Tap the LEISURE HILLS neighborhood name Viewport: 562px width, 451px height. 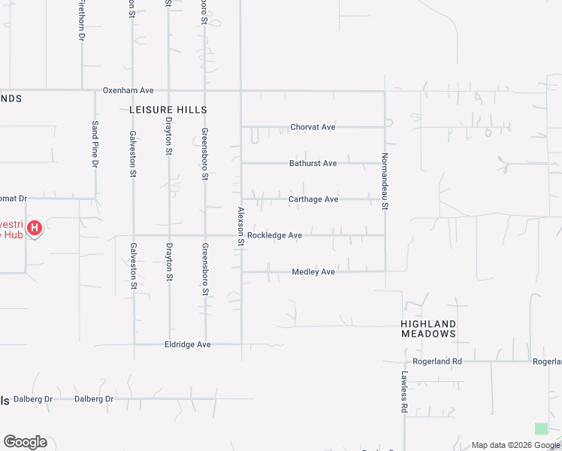click(x=168, y=110)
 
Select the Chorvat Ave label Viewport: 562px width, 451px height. click(x=313, y=127)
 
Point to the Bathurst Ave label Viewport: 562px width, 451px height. click(x=313, y=163)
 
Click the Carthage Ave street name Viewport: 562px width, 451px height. click(x=313, y=199)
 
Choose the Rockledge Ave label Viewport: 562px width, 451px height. click(x=274, y=235)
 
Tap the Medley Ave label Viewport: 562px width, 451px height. click(x=313, y=271)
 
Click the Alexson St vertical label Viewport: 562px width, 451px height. click(x=241, y=226)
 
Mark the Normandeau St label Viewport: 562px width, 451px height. click(x=385, y=181)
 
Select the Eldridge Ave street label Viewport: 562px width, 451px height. click(x=187, y=344)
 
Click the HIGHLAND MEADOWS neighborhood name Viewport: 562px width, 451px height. click(x=428, y=328)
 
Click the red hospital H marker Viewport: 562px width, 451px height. click(x=34, y=227)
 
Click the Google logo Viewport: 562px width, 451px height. click(x=25, y=442)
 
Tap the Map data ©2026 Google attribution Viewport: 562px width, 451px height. click(x=515, y=445)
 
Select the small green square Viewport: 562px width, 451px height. click(x=541, y=428)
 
